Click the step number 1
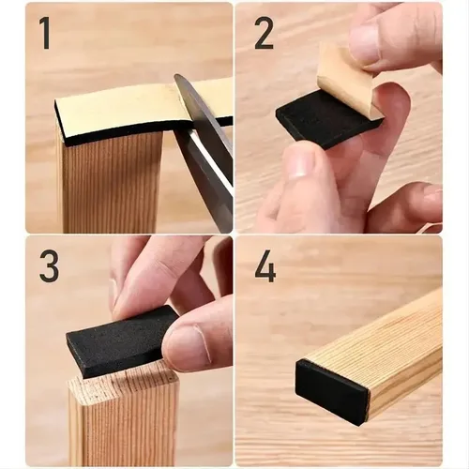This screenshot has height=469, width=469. [44, 33]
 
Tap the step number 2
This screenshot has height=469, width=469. [265, 33]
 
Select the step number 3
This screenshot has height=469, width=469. [48, 266]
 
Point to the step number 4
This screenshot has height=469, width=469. [265, 266]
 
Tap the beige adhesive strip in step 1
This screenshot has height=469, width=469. [113, 106]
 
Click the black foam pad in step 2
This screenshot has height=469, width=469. [319, 122]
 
